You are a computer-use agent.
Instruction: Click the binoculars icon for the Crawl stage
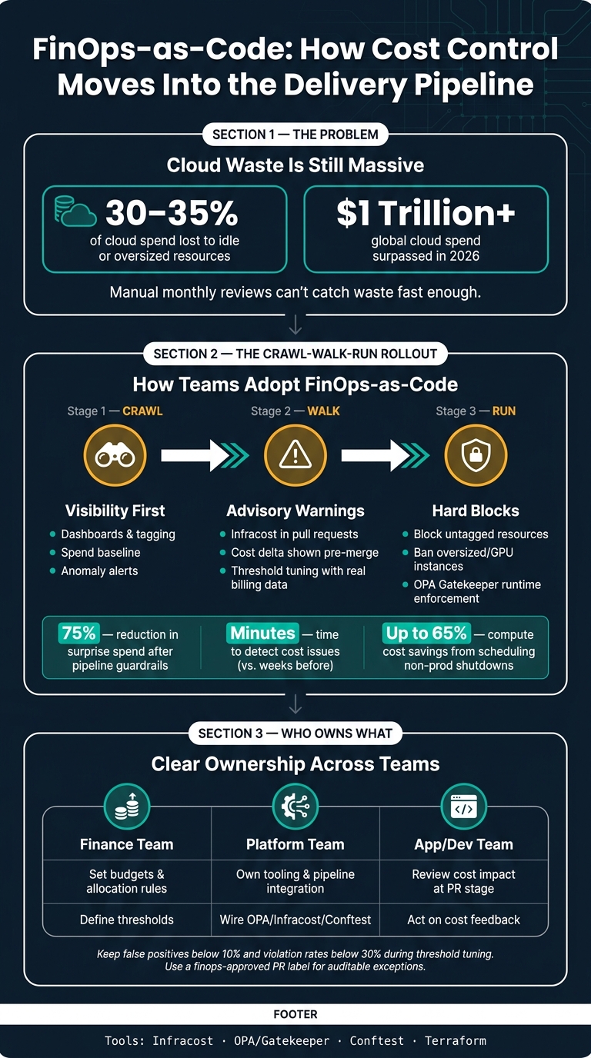click(x=115, y=455)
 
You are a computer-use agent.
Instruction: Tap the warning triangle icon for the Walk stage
click(x=295, y=455)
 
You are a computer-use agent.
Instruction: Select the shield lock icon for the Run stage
click(x=476, y=455)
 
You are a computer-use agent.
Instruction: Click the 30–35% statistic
click(x=172, y=212)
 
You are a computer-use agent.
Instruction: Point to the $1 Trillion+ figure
click(x=426, y=212)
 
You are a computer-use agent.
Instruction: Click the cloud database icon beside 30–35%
click(x=75, y=211)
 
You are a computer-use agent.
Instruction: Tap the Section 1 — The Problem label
click(x=295, y=135)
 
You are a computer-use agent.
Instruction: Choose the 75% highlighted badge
click(x=79, y=633)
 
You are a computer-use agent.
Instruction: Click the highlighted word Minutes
click(x=263, y=633)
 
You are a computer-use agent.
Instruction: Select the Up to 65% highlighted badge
click(x=426, y=633)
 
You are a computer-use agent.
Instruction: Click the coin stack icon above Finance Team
click(x=127, y=807)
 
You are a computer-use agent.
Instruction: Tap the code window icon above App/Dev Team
click(x=464, y=807)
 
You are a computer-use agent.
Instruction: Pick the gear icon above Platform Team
click(x=295, y=807)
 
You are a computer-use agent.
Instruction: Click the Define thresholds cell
click(x=127, y=920)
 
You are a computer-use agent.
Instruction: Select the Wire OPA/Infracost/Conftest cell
click(x=295, y=920)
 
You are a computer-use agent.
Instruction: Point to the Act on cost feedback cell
click(x=464, y=920)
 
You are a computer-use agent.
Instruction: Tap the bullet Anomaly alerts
click(x=94, y=571)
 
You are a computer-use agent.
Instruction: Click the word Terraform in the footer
click(x=456, y=1040)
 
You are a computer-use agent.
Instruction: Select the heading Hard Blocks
click(x=476, y=511)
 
